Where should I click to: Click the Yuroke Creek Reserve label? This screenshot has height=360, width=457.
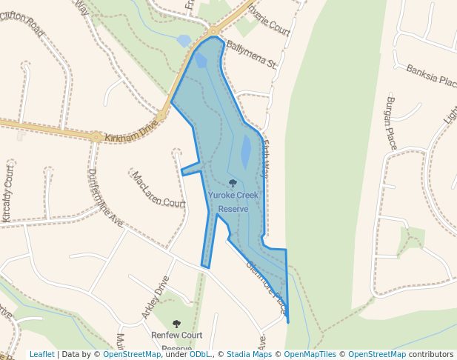tap(233, 201)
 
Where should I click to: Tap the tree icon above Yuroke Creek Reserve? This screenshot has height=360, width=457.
tap(233, 182)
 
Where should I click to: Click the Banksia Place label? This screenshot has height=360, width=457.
tap(431, 75)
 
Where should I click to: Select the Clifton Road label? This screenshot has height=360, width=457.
tap(22, 27)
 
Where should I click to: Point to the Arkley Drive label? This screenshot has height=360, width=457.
tap(156, 298)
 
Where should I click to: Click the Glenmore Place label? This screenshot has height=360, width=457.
tap(265, 288)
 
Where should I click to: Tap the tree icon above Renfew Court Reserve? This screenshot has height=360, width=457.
tap(176, 324)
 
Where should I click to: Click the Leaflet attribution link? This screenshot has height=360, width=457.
tap(41, 354)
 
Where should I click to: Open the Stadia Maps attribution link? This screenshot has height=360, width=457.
tap(249, 354)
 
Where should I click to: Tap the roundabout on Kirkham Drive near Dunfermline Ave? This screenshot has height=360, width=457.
tap(96, 136)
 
